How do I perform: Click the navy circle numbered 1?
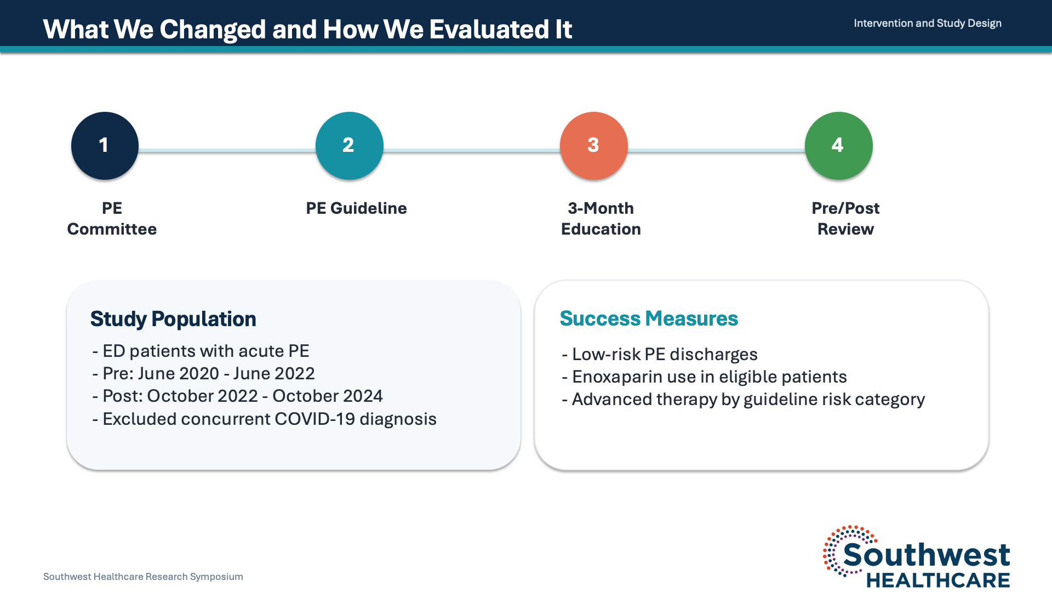coord(105,146)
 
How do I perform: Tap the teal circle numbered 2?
coord(349,146)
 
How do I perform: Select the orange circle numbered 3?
coord(594,146)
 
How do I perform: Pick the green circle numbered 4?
coord(838,146)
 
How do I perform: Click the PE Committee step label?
coord(112,218)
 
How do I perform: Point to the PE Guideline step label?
coord(356,208)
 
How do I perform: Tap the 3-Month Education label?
coord(601,218)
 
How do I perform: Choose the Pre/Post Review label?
coord(845,218)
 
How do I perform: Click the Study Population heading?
coord(173,319)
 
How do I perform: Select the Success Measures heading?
coord(649,318)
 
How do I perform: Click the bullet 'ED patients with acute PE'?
coord(201,351)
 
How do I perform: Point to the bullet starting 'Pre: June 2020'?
coord(203,373)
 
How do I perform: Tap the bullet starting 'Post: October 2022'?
coord(237,396)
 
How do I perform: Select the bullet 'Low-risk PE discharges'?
coord(660,354)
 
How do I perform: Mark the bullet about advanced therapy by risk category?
coord(744,400)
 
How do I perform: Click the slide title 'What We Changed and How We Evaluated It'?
coord(307,29)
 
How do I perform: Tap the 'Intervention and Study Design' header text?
coord(928,23)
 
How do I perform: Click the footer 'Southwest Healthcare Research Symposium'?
coord(143,577)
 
